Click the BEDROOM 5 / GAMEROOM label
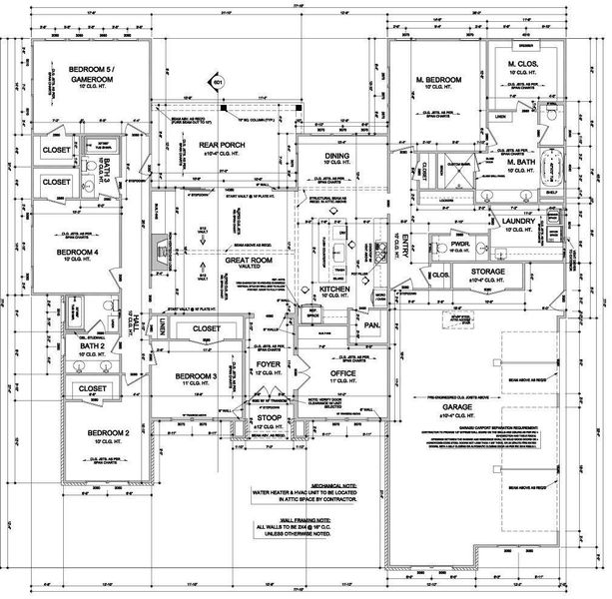[91, 73]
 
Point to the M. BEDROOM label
[437, 79]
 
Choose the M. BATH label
[522, 162]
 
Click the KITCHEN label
[333, 289]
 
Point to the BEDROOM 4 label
[86, 253]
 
